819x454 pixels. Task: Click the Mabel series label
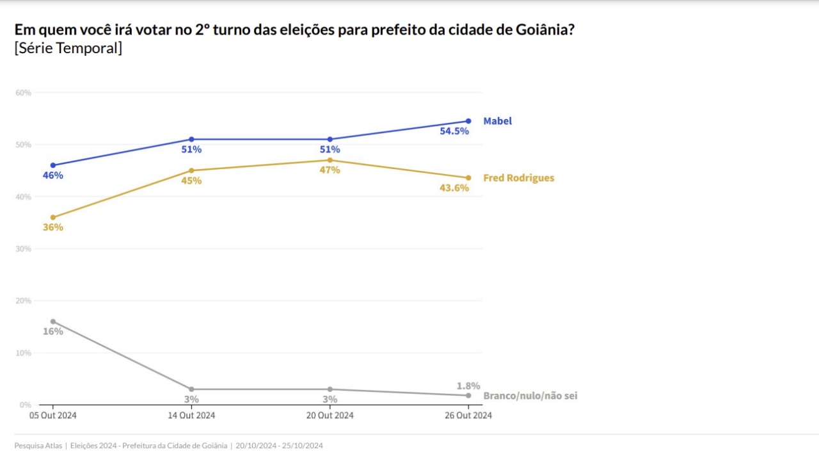pos(497,121)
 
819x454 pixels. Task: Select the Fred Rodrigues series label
pos(518,178)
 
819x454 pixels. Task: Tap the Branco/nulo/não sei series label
pos(530,396)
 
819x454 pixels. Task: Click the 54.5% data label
pos(454,131)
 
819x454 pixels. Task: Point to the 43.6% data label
pos(454,188)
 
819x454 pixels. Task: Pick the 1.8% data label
pos(468,386)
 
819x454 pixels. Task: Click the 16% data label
pos(53,332)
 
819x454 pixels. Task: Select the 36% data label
pos(53,227)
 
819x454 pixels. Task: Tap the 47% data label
pos(330,170)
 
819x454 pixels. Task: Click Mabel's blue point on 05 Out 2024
pos(53,165)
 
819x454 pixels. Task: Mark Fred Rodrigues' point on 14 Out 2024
pos(191,170)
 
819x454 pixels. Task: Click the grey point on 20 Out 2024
pos(330,389)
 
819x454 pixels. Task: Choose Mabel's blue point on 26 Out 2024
pos(468,121)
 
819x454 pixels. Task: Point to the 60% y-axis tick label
pos(23,93)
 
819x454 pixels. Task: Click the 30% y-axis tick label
pos(23,249)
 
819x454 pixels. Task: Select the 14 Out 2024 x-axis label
pos(191,416)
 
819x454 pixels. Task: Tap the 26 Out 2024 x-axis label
pos(468,416)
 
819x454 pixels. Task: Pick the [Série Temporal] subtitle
pos(68,49)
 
